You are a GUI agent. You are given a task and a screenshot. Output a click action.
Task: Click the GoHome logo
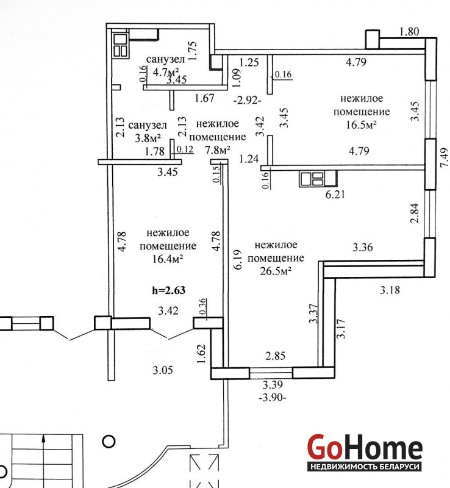click(365, 451)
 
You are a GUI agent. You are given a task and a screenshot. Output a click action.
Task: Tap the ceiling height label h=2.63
click(168, 290)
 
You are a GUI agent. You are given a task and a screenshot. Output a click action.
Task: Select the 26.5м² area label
click(276, 271)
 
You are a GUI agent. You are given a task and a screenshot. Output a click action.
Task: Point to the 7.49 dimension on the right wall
click(444, 157)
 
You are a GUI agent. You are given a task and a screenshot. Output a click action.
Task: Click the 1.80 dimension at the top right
click(409, 32)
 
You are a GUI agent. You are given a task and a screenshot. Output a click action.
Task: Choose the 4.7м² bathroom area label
click(166, 72)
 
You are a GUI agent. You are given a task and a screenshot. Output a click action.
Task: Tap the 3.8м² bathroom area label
click(148, 138)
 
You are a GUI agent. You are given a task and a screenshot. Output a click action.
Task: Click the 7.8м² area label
click(217, 150)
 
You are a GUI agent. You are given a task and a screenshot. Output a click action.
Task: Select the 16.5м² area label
click(361, 125)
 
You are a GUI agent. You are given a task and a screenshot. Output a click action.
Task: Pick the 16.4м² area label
click(167, 259)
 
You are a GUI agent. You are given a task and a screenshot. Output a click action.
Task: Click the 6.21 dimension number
click(335, 195)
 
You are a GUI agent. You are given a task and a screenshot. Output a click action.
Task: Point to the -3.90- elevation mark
click(273, 398)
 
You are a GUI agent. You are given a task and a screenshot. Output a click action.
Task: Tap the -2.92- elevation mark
click(247, 101)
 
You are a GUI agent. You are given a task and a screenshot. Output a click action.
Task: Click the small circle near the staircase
click(109, 441)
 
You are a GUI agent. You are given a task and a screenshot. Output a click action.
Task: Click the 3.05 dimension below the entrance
click(162, 370)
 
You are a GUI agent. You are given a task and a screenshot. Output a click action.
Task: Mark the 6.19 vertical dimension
click(237, 259)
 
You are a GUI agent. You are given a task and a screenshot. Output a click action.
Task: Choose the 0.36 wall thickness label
click(202, 306)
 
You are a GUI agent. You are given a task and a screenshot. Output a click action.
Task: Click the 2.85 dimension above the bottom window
click(275, 356)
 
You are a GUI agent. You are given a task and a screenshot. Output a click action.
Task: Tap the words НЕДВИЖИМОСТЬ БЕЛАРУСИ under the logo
click(365, 467)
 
